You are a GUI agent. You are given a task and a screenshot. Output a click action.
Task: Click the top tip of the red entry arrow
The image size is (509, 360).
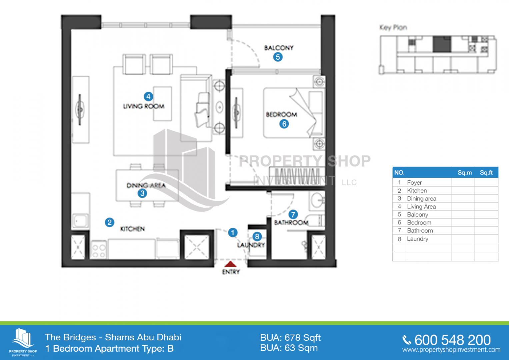[x=230, y=261]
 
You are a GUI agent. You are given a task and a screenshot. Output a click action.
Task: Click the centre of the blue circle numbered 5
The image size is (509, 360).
[x=278, y=57]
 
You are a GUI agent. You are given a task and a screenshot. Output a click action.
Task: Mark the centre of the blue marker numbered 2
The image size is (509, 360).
[x=110, y=222]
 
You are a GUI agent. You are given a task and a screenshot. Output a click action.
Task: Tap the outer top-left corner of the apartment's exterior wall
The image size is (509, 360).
[x=61, y=15]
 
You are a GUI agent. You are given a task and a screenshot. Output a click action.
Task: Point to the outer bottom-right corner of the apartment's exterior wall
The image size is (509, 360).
[x=337, y=267]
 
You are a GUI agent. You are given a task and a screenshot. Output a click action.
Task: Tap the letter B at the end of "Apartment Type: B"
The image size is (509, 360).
[x=170, y=348]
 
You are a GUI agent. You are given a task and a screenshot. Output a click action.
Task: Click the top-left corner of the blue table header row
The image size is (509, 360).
[x=392, y=167]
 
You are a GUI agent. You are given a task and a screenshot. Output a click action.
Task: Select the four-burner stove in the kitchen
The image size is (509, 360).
[x=99, y=250]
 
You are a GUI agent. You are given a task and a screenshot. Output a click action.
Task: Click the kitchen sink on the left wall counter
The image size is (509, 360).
[x=80, y=220]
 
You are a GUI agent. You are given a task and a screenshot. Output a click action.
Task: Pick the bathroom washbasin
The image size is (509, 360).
[x=317, y=201]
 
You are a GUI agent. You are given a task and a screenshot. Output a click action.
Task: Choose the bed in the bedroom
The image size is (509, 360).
[x=293, y=113]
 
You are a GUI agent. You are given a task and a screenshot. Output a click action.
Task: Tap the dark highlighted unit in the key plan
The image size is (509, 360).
[x=442, y=44]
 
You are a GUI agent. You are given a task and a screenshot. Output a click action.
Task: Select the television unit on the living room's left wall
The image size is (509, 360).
[x=81, y=110]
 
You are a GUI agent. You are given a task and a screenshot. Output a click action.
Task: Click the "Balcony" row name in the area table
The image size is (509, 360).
[x=417, y=215]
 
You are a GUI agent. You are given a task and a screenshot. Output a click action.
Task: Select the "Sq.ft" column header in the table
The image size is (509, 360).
[x=486, y=173]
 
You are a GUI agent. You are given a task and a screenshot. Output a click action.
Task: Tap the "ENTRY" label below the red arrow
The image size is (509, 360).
[x=231, y=272]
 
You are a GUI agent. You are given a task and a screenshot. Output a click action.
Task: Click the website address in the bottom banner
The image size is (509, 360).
[x=451, y=350]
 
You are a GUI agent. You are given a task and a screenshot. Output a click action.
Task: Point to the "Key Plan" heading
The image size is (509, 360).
[x=393, y=27]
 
